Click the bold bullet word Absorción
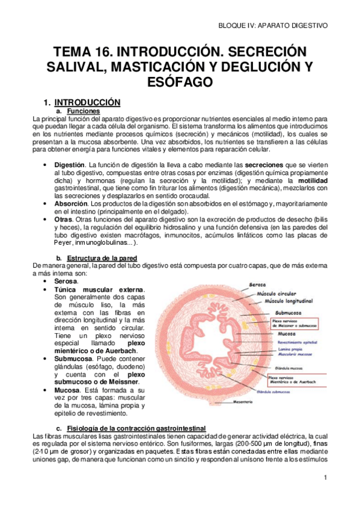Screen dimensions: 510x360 pyautogui.click(x=70, y=204)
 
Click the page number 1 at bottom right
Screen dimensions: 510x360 pyautogui.click(x=325, y=478)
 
